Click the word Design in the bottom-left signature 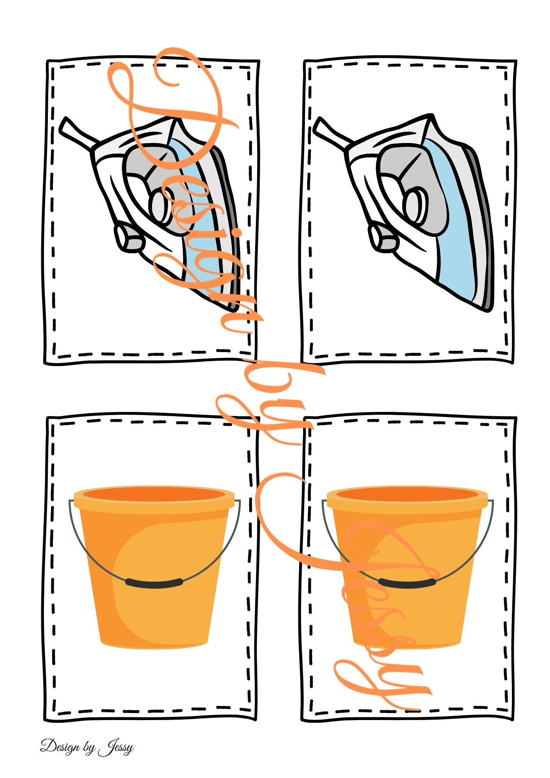[60, 746]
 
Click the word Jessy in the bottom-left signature [116, 747]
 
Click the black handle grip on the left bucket [154, 582]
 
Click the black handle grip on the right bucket [407, 582]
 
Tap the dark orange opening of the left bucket [154, 495]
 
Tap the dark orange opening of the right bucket [407, 495]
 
